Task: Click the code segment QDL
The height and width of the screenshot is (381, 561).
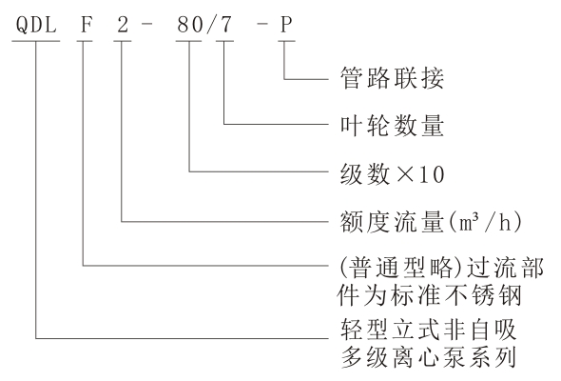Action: (36, 25)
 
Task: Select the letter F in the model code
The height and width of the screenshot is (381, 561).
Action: (87, 25)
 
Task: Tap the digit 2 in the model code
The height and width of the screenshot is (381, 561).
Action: (123, 25)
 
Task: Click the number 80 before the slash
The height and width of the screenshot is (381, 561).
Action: (190, 25)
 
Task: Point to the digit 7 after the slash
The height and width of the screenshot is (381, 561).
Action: (226, 25)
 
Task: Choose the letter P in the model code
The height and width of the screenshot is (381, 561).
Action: (286, 25)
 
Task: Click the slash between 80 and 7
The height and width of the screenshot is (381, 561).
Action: (210, 25)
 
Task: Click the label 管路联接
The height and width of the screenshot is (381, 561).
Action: (392, 78)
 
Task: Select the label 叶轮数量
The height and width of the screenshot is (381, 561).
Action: (392, 126)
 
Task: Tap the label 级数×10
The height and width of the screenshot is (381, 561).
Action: (392, 174)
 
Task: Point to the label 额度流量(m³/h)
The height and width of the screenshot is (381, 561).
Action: (431, 222)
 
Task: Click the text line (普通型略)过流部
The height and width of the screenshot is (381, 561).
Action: (440, 268)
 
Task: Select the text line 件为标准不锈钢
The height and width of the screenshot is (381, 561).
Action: (429, 295)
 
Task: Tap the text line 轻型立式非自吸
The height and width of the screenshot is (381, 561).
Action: (429, 329)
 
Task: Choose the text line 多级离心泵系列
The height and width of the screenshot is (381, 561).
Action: (429, 357)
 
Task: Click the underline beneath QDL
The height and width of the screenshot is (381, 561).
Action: (36, 41)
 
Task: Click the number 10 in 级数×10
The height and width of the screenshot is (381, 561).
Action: (432, 174)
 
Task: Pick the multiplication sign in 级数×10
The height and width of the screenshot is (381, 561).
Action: (404, 174)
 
